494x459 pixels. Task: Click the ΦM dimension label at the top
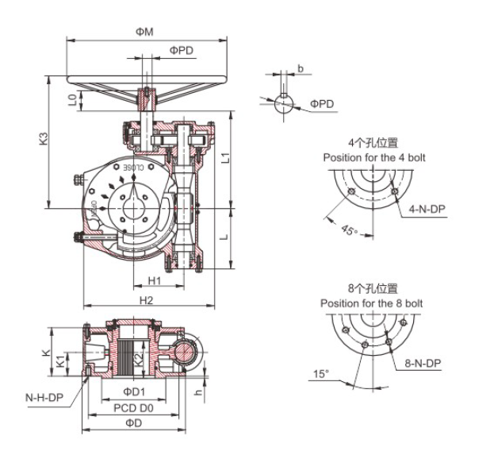coord(144,31)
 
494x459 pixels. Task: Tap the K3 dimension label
coord(44,138)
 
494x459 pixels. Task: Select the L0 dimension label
coord(72,101)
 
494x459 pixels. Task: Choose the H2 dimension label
coord(147,300)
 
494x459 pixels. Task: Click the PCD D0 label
coord(132,407)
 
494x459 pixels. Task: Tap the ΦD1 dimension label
coord(133,391)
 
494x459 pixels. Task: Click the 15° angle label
coord(320,373)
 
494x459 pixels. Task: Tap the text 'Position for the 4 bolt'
coord(373,158)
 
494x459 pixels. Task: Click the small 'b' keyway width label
coord(300,69)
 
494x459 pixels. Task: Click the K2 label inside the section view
coord(138,359)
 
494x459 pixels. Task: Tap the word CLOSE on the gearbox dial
coord(132,168)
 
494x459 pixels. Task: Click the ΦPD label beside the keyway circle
coord(322,104)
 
